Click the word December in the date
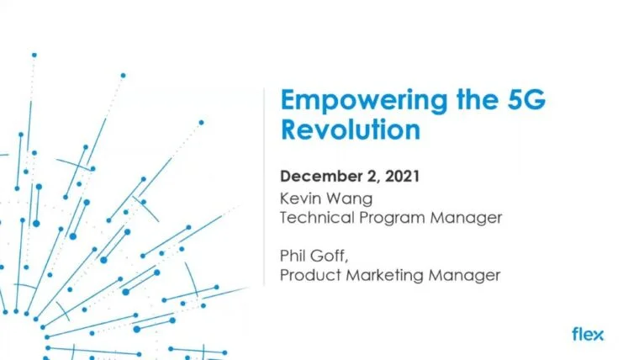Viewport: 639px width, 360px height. click(x=317, y=177)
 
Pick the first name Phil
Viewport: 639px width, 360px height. click(x=293, y=256)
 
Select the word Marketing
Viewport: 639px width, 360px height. click(x=377, y=275)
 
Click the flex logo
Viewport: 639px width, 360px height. click(x=588, y=334)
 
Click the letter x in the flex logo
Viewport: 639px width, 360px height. click(x=598, y=335)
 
